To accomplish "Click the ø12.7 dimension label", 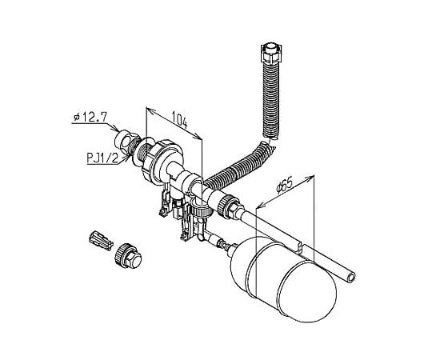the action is (x=90, y=118).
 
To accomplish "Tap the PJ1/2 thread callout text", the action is (x=102, y=158).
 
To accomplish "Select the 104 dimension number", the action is (x=180, y=120).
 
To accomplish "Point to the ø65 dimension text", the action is (x=284, y=186).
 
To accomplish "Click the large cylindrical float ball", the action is (x=284, y=278).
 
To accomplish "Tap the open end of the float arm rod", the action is (x=351, y=278).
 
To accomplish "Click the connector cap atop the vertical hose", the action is (x=272, y=52).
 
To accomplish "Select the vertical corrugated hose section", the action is (x=272, y=99).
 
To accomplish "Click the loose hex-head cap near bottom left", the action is (x=128, y=255).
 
